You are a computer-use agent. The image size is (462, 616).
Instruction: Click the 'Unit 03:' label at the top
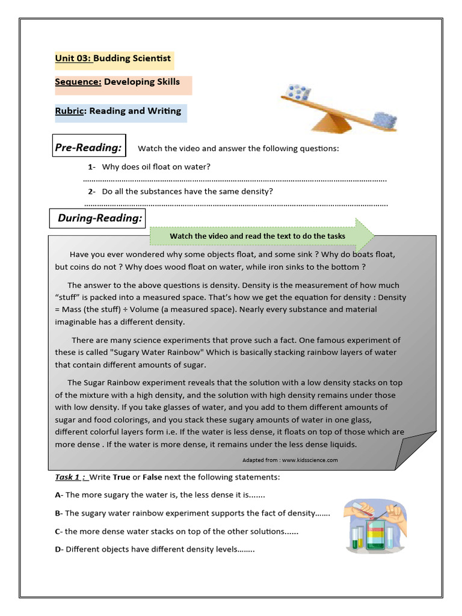tap(73, 59)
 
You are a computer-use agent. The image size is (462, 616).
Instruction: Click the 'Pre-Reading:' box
tap(88, 147)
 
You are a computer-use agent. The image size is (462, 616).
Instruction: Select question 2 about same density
tap(187, 191)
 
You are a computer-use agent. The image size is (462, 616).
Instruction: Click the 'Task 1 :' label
tap(71, 477)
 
